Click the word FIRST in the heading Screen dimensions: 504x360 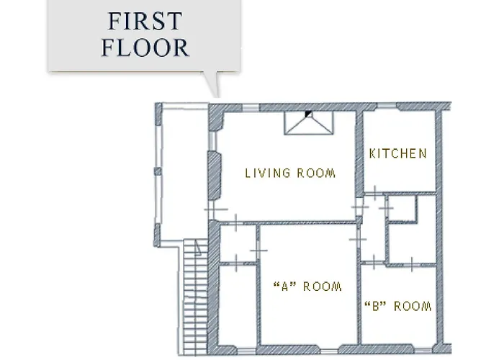[145, 21]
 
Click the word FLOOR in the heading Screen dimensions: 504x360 [145, 48]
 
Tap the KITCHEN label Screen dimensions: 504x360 [398, 153]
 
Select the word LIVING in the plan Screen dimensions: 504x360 [267, 174]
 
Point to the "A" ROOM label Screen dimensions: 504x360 [307, 287]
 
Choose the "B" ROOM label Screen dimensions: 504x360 [398, 306]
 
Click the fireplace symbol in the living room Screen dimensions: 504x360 [309, 122]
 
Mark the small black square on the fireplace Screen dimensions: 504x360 [309, 114]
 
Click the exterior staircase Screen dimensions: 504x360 [195, 297]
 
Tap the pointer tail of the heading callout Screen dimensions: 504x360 [213, 84]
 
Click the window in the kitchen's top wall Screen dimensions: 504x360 [386, 106]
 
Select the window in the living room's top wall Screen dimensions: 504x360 [251, 107]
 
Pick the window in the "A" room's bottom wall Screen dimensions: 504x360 [329, 351]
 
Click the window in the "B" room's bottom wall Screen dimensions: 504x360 [423, 351]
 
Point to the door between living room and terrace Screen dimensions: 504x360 [213, 210]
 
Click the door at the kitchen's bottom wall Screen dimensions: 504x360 [375, 193]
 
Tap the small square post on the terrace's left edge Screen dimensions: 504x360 [158, 171]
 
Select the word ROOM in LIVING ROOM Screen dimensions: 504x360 [316, 174]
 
